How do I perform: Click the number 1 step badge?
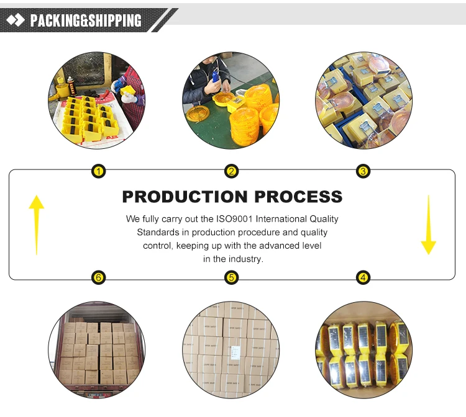click(x=98, y=171)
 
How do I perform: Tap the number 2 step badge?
click(x=231, y=171)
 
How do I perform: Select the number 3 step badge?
click(x=363, y=171)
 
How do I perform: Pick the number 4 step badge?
click(x=363, y=277)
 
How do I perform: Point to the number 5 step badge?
click(x=231, y=277)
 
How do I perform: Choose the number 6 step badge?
click(x=98, y=277)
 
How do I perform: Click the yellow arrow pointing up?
click(x=37, y=223)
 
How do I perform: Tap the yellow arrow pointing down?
click(x=429, y=223)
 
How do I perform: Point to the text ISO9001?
click(x=232, y=219)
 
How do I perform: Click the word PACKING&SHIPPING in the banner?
click(x=86, y=20)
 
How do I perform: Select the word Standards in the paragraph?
click(x=155, y=233)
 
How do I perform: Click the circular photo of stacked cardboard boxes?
click(x=231, y=351)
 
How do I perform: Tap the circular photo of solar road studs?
click(x=364, y=351)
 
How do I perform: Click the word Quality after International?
click(x=324, y=219)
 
